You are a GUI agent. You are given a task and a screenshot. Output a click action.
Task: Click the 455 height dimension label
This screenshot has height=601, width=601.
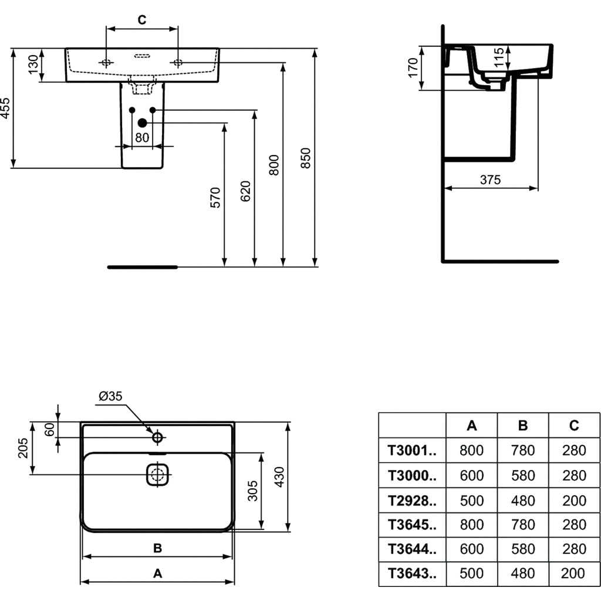tap(5, 109)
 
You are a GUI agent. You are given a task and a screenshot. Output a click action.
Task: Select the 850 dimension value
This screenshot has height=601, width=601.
tap(306, 158)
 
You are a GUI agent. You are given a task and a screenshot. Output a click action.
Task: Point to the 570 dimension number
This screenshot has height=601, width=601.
tap(215, 197)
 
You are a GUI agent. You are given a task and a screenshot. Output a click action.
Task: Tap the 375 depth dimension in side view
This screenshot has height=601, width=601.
tap(490, 180)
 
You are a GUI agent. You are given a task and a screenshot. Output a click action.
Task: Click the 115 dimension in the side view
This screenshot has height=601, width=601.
tap(498, 59)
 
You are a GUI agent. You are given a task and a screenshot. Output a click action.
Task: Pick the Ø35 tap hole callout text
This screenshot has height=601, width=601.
tap(110, 397)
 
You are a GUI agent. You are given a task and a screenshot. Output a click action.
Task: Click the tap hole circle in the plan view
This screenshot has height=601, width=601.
tap(157, 437)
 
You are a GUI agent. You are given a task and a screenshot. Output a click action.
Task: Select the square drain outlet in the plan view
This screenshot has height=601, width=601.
tap(157, 474)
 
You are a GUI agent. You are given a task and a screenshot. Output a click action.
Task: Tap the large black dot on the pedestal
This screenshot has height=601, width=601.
tap(142, 123)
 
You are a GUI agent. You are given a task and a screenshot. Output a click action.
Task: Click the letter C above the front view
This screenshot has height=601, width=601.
tap(142, 20)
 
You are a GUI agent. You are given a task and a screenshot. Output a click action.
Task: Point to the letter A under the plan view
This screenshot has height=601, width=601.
tap(157, 573)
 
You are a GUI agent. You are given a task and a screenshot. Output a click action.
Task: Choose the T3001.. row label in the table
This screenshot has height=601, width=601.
tap(412, 450)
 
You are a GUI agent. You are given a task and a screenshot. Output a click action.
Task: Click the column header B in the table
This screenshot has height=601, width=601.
tap(523, 426)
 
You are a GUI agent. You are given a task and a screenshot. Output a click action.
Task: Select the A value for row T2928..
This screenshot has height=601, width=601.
tap(471, 500)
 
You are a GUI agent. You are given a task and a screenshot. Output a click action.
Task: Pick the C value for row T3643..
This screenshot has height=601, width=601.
tap(574, 573)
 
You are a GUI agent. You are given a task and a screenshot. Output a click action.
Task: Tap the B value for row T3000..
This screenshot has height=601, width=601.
tap(523, 475)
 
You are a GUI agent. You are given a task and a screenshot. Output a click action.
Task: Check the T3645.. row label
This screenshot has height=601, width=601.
tap(412, 524)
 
